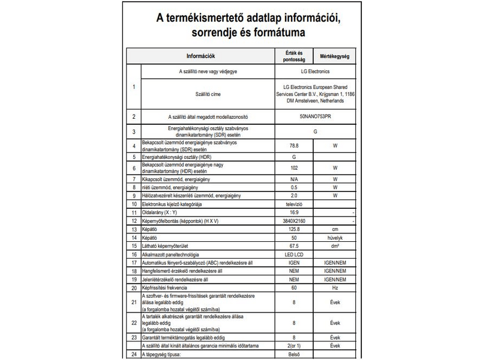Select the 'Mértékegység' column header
coord(335,57)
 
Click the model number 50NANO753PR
coord(314,117)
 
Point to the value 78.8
coord(294,146)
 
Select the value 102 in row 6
coord(294,168)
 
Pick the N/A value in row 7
coord(294,179)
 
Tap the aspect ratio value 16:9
coord(294,212)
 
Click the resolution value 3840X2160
coord(294,221)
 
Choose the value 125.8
coord(294,229)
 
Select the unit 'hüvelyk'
coord(335,238)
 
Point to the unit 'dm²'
coord(335,246)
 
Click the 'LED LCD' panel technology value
coord(294,254)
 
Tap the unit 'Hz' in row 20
coord(335,288)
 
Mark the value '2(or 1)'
coord(294,346)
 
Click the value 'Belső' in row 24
coord(294,355)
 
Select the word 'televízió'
coord(294,204)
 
